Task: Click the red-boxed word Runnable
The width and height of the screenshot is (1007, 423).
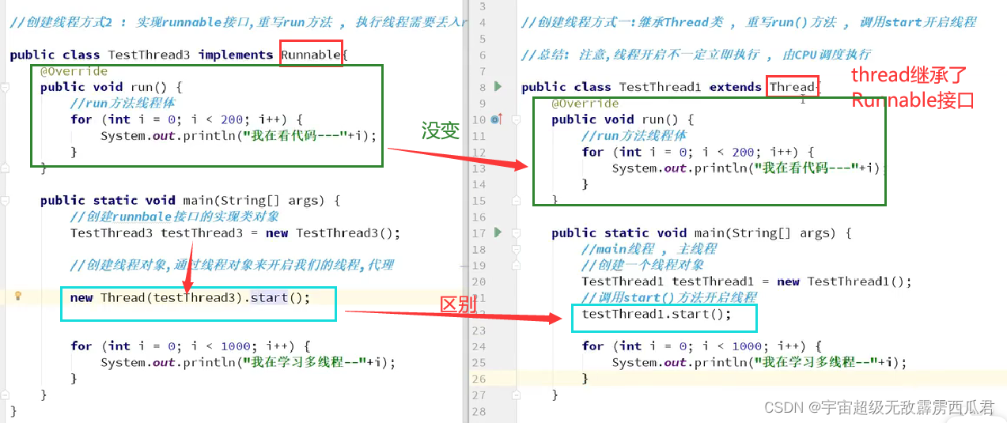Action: [x=311, y=55]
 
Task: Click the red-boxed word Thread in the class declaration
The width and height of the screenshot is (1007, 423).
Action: [x=791, y=87]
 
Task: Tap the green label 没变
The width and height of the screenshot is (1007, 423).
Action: [x=441, y=131]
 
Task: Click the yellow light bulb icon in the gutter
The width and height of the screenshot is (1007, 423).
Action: [x=18, y=296]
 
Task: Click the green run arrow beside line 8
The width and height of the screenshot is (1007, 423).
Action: [x=498, y=86]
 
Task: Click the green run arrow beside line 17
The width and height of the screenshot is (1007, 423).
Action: [x=498, y=232]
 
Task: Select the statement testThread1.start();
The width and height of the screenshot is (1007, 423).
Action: [x=657, y=314]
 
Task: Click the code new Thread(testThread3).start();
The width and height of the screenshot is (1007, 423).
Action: [x=190, y=297]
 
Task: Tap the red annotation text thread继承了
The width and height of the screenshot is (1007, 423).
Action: [x=909, y=76]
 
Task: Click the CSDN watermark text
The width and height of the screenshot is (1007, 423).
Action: [x=878, y=407]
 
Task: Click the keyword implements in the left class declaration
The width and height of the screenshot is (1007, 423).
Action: [x=236, y=55]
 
